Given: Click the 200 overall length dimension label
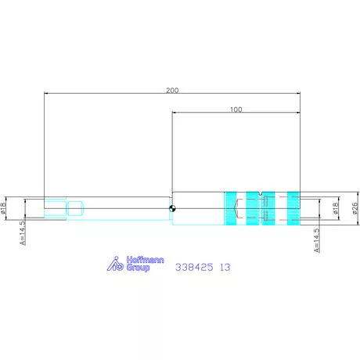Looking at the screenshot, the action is pyautogui.click(x=172, y=90).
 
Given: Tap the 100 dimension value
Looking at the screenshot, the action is pyautogui.click(x=236, y=110).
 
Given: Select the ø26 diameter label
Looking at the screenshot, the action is pyautogui.click(x=355, y=208).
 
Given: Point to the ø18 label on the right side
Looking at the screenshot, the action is pyautogui.click(x=336, y=208).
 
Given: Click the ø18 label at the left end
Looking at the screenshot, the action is pyautogui.click(x=3, y=208).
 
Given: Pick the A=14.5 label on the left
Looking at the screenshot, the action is pyautogui.click(x=23, y=232).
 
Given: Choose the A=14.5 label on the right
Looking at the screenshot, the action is pyautogui.click(x=317, y=240).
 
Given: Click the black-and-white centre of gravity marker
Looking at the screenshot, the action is pyautogui.click(x=172, y=208).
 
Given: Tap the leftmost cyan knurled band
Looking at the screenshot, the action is pyautogui.click(x=230, y=208).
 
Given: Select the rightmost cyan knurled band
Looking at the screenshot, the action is pyautogui.click(x=293, y=208).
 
